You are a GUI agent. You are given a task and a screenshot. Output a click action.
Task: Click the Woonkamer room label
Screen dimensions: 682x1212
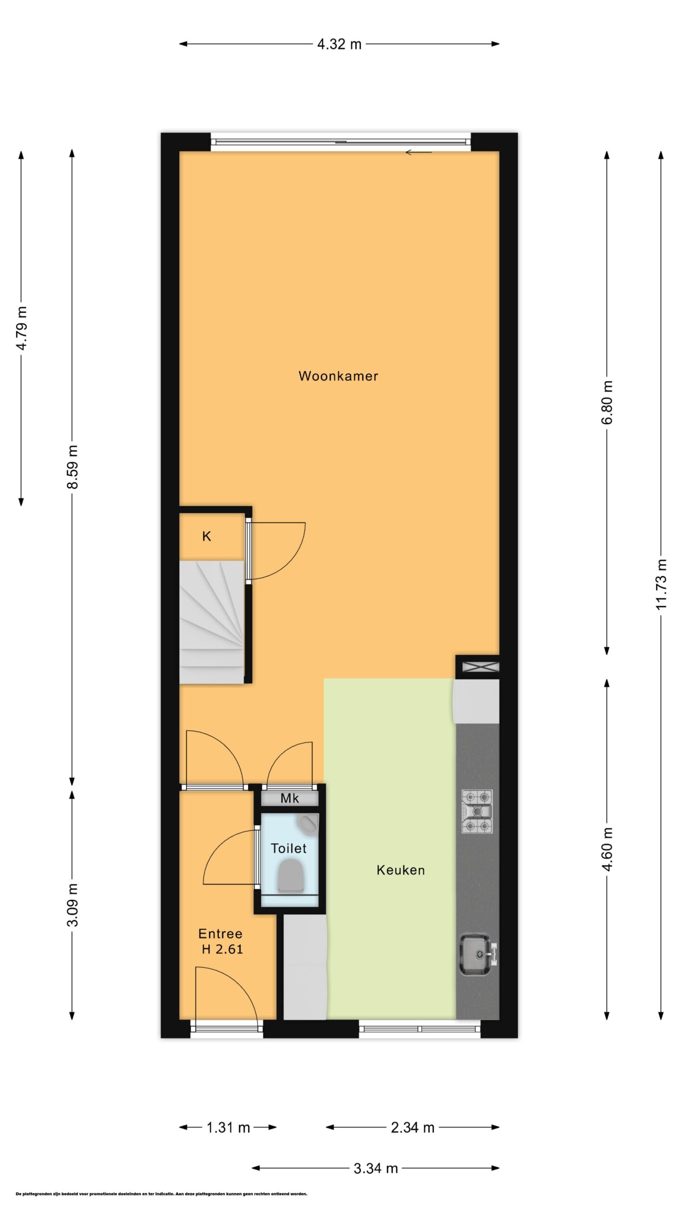click(x=338, y=376)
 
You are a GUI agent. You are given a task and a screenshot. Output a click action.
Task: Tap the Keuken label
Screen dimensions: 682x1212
click(x=401, y=870)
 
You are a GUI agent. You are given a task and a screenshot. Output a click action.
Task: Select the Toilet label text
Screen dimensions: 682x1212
click(x=288, y=848)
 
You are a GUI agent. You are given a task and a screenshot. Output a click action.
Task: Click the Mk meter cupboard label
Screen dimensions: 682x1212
click(x=290, y=798)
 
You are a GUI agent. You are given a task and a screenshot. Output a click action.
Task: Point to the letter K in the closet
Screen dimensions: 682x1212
click(x=206, y=536)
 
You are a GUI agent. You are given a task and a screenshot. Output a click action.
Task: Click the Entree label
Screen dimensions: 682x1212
click(x=220, y=934)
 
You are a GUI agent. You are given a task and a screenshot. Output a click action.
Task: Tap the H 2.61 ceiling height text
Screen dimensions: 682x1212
click(x=222, y=949)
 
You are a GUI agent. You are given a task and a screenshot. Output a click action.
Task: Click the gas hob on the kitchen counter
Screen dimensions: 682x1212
click(x=477, y=811)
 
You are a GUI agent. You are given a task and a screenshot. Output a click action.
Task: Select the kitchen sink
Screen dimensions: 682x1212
click(x=478, y=954)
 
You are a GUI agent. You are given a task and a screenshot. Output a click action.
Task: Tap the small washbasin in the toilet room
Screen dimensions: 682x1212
click(x=308, y=823)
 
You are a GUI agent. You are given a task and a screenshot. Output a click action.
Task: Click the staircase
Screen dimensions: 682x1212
click(x=212, y=621)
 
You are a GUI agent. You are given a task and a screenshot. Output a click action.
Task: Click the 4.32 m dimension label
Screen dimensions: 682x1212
click(x=339, y=45)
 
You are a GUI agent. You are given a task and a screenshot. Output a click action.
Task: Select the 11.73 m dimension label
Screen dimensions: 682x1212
click(x=661, y=584)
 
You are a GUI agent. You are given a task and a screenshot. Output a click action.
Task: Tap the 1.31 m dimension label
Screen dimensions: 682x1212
click(x=228, y=1127)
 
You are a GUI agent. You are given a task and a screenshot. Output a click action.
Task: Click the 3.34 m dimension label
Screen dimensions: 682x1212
click(x=376, y=1168)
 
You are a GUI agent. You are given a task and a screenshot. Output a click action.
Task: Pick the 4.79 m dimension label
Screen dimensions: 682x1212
click(x=21, y=328)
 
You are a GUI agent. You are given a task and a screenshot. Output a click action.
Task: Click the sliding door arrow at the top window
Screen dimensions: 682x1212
click(x=419, y=152)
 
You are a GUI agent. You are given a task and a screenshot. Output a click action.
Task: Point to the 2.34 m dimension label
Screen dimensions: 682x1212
click(x=413, y=1127)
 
